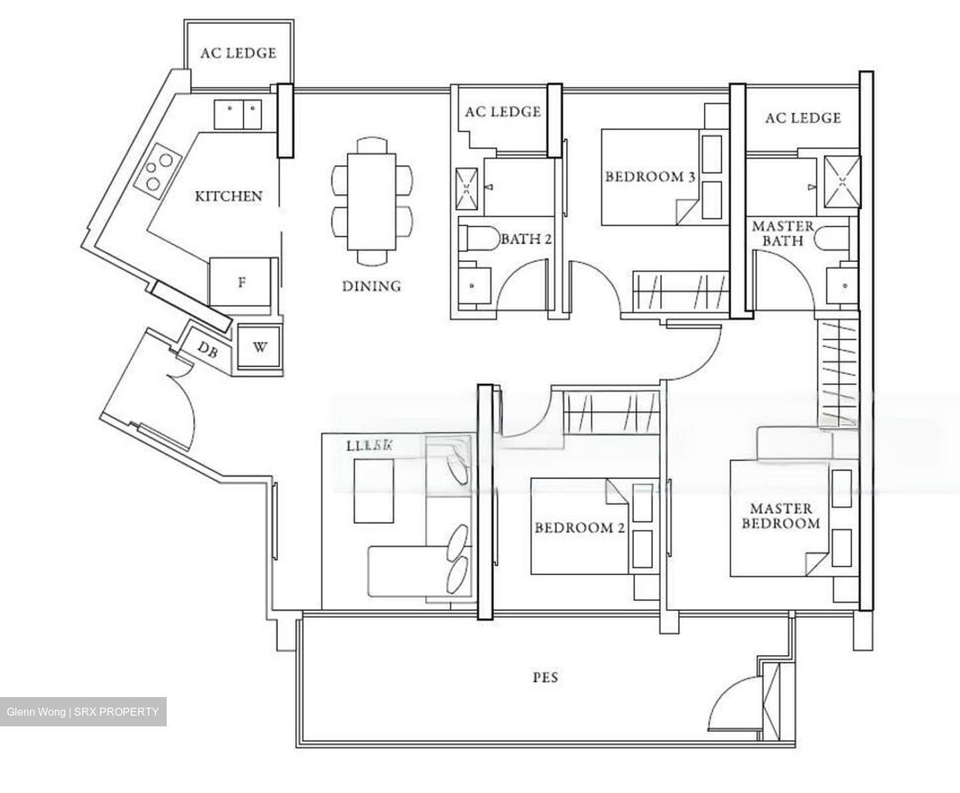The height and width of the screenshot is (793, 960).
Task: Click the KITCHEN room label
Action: click(229, 196)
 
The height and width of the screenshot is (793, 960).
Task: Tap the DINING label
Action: click(371, 286)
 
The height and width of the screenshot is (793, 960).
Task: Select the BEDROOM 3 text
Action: click(650, 177)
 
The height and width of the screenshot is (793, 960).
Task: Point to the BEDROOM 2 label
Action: click(579, 528)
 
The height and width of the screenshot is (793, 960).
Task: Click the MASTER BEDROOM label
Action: click(781, 516)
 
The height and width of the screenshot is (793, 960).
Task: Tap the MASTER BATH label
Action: click(783, 233)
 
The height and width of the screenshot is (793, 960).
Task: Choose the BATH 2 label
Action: click(526, 239)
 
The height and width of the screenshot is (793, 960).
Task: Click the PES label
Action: click(545, 678)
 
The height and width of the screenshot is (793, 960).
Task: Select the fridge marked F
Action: click(242, 283)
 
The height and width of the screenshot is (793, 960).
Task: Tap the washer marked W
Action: click(260, 347)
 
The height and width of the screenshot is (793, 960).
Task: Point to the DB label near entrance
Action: click(208, 349)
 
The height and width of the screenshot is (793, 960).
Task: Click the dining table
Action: click(371, 201)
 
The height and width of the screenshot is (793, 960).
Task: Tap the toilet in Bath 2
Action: click(477, 239)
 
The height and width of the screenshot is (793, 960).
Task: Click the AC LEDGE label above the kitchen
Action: click(238, 53)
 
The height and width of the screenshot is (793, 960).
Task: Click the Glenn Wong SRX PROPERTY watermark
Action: click(83, 712)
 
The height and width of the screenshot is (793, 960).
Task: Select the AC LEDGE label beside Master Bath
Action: click(803, 118)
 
